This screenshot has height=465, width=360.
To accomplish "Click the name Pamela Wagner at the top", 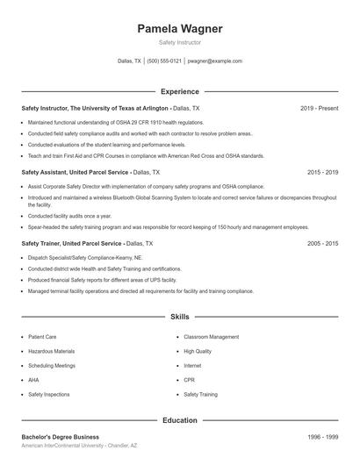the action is [179, 29].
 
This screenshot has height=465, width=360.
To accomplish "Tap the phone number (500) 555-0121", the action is [164, 61].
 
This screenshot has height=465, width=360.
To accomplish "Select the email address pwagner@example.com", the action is [215, 61].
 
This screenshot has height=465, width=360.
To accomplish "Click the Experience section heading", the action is [179, 91].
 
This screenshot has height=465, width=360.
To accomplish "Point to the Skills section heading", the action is [179, 316].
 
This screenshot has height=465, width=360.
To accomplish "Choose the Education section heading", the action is [179, 420].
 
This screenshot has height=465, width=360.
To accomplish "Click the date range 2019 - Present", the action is [319, 108].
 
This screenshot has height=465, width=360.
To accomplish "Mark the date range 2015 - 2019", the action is [322, 173].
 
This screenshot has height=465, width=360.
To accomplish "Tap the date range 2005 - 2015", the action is [322, 243].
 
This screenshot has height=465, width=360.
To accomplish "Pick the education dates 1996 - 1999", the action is [322, 437].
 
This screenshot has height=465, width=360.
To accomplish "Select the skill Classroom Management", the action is [211, 337].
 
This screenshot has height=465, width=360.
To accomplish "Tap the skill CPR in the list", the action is [189, 380].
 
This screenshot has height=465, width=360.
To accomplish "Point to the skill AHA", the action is [34, 380].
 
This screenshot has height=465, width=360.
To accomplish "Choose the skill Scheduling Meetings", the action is [52, 366].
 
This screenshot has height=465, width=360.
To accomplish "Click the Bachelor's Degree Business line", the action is [60, 437].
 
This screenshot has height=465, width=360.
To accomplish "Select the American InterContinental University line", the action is [79, 447].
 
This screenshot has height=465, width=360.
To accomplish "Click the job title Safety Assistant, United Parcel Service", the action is [75, 173].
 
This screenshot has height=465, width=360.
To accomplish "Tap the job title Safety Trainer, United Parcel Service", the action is [71, 243].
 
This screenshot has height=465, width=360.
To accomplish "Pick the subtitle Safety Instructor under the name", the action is [179, 42].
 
